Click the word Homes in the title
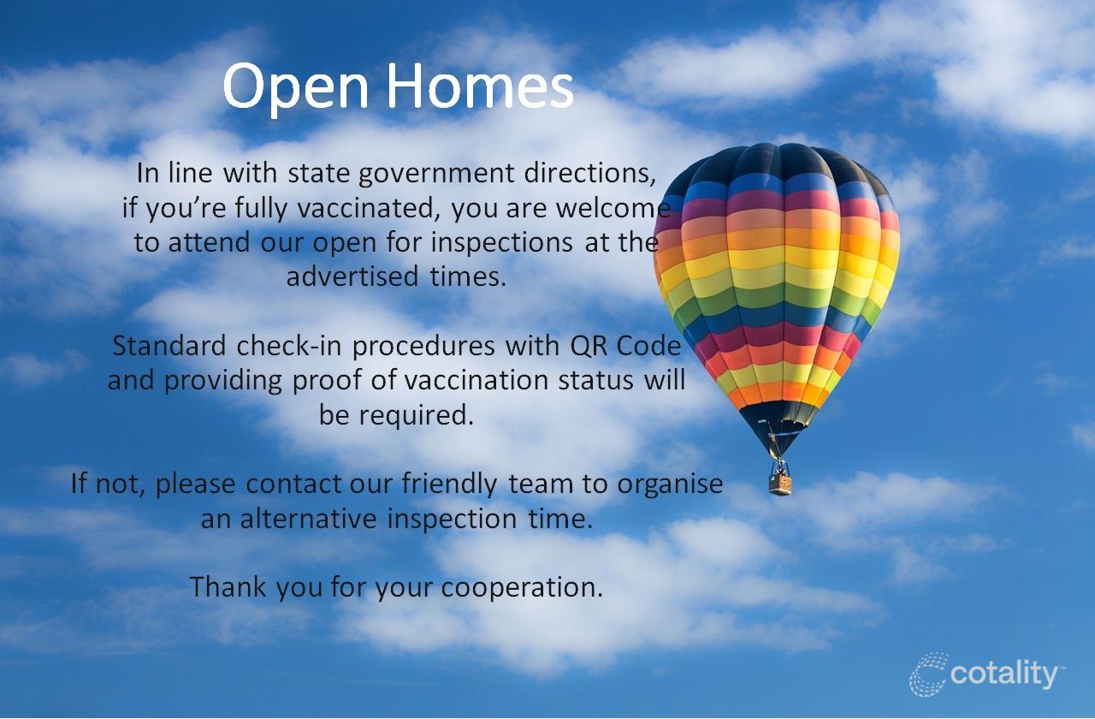481,85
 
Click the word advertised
352,276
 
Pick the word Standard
169,345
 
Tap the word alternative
309,519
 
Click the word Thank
228,586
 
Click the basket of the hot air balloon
780,484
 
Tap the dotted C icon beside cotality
929,674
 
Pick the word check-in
289,345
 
